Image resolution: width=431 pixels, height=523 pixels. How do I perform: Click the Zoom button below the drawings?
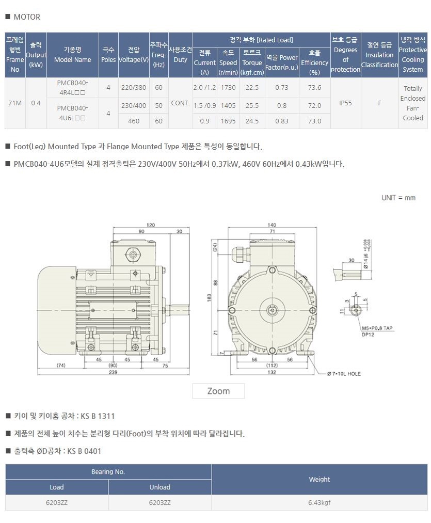click(x=218, y=391)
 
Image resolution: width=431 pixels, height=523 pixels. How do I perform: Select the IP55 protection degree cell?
click(x=345, y=103)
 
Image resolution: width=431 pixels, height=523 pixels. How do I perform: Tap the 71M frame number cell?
click(x=15, y=103)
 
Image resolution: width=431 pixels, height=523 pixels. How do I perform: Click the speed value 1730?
click(x=228, y=88)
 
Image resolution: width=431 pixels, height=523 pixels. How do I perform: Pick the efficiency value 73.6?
click(x=314, y=88)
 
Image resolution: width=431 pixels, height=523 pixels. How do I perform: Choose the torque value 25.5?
click(x=252, y=106)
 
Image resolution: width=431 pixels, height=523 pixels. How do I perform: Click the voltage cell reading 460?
click(x=134, y=121)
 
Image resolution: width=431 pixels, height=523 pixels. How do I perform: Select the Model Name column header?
click(x=72, y=55)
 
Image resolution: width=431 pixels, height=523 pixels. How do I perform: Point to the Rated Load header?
click(x=261, y=40)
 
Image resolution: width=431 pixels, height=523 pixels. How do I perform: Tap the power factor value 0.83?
click(x=282, y=121)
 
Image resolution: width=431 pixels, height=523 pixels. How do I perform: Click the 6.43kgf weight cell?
click(x=319, y=502)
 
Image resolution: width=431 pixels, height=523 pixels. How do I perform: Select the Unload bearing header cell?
click(x=159, y=487)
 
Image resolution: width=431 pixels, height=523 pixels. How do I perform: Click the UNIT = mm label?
click(x=398, y=198)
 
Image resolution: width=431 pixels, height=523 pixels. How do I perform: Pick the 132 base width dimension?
click(x=272, y=371)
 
